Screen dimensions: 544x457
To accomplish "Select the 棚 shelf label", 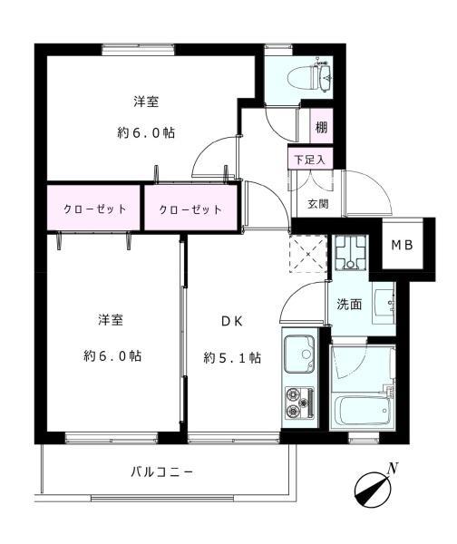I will point(321,127).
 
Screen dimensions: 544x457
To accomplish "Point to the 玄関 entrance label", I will point(317,203).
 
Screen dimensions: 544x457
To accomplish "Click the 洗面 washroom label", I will point(349,305).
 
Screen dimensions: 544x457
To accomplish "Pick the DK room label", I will point(230,320).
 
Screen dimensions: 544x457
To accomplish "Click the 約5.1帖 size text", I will point(232,357).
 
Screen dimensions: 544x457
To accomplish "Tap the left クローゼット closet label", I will point(94,209).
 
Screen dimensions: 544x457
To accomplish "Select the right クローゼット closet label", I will point(190,209).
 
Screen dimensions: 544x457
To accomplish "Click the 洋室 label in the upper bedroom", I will point(145,102).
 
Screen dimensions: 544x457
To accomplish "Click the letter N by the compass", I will point(393,469).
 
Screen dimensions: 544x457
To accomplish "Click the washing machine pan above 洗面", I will point(349,255).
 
